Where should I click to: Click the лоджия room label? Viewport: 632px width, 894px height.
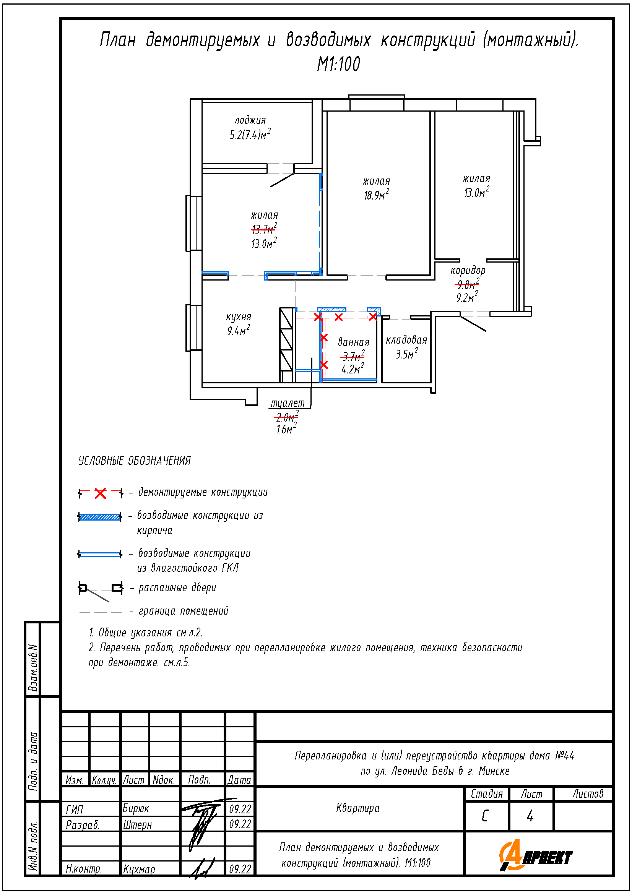coord(250,121)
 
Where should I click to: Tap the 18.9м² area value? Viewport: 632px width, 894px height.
coord(377,195)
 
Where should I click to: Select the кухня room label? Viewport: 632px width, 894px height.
coord(239,317)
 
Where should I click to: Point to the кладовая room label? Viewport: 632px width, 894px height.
coord(406,340)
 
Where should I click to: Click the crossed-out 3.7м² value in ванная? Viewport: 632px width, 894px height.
coord(353,355)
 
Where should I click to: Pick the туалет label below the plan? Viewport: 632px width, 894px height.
coord(288,403)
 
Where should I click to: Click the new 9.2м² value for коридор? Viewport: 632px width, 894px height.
coord(467,297)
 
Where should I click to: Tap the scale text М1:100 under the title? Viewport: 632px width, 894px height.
coord(338,64)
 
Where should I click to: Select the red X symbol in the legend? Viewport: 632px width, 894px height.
coord(101,493)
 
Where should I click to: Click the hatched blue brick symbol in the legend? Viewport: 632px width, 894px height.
coord(100,517)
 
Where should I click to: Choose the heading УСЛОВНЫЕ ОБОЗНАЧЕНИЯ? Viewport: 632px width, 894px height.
coord(135,461)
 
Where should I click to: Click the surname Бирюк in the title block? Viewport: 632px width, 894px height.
coord(136,808)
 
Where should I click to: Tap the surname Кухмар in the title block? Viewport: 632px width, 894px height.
coord(139,869)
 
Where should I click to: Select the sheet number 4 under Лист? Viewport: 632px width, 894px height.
coord(530,816)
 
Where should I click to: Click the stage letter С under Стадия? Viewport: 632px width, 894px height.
coord(485,816)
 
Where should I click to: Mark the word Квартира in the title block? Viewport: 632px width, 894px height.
coord(357,808)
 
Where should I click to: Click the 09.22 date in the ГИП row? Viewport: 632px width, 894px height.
coord(240,809)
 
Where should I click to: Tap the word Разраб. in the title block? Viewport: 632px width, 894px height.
coord(83,825)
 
